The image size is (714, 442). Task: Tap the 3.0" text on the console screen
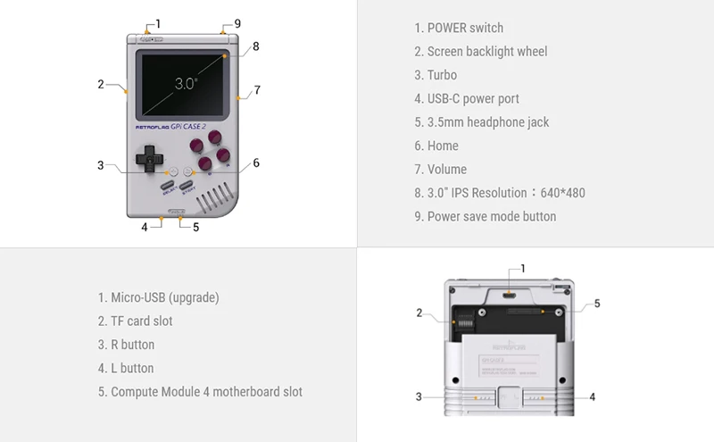pyautogui.click(x=186, y=83)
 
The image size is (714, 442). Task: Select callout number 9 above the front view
pyautogui.click(x=237, y=23)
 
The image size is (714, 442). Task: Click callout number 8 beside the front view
pyautogui.click(x=255, y=46)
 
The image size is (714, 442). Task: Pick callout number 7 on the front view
pyautogui.click(x=256, y=89)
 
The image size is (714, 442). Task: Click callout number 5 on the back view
pyautogui.click(x=597, y=304)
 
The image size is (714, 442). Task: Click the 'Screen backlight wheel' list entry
pyautogui.click(x=486, y=52)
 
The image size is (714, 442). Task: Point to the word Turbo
pyautogui.click(x=442, y=75)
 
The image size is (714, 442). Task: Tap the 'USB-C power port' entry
pyautogui.click(x=473, y=98)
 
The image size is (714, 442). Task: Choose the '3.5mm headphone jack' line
pyautogui.click(x=487, y=122)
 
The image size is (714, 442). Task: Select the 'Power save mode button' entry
pyautogui.click(x=491, y=216)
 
